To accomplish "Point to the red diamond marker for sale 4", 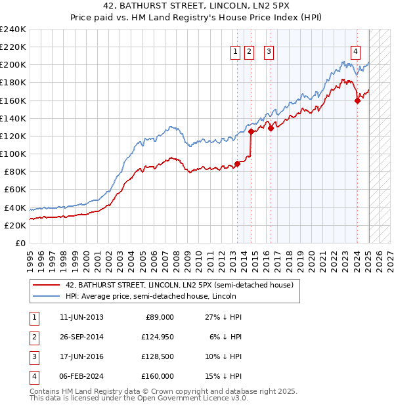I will [358, 100].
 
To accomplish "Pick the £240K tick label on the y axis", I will [13, 30].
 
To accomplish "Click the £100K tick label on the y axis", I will [13, 154].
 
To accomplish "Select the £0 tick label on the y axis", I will [21, 243].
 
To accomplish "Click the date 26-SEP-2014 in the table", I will [81, 337].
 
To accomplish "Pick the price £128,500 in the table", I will [158, 356].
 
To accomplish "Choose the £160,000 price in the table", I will [158, 376].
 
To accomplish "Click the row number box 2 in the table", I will [33, 337].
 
